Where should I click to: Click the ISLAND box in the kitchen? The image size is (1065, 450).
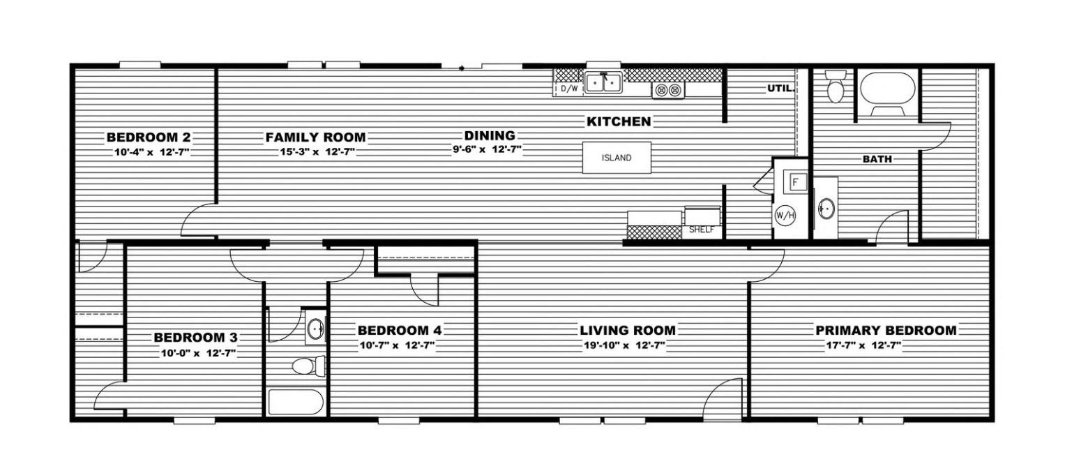[x=617, y=158]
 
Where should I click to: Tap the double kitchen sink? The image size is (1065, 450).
[x=603, y=83]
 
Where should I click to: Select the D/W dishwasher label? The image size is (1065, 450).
[x=569, y=89]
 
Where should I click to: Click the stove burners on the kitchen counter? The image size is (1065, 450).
[x=668, y=89]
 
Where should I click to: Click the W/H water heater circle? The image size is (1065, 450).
[x=785, y=215]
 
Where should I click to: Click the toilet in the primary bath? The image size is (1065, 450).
[x=835, y=86]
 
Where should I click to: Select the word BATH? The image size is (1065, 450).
[x=877, y=159]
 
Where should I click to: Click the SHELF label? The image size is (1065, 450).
[x=702, y=230]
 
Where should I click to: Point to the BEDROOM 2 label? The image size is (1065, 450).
[x=149, y=137]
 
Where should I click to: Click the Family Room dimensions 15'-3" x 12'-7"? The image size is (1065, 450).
[x=317, y=152]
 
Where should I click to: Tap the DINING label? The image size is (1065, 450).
[x=490, y=136]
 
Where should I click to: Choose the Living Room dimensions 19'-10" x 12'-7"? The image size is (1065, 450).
[x=624, y=345]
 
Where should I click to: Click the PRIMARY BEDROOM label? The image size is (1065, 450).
[x=886, y=330]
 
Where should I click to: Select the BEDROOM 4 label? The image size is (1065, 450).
[x=400, y=330]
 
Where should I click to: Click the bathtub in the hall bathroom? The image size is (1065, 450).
[x=296, y=403]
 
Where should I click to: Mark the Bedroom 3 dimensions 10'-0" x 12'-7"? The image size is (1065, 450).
[x=198, y=354]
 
